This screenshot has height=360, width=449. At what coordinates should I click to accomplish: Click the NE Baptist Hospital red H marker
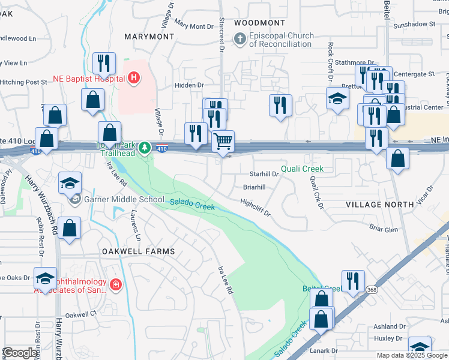[x=134, y=78]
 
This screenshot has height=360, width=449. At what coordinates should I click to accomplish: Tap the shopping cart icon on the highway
[x=223, y=142]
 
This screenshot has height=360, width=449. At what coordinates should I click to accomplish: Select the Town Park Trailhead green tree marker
[x=144, y=148]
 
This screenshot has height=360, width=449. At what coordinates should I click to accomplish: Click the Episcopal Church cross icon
[x=240, y=40]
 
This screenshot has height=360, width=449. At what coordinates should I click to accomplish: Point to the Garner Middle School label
[x=124, y=199]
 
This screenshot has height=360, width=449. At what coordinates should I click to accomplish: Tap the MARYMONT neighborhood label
[x=149, y=37]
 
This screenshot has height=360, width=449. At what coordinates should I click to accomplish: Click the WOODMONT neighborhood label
[x=259, y=22]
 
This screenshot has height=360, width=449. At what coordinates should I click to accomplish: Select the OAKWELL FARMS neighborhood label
[x=138, y=251]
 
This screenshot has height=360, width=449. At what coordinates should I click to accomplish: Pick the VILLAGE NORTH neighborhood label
[x=379, y=205]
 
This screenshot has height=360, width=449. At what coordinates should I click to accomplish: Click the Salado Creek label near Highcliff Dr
[x=192, y=204]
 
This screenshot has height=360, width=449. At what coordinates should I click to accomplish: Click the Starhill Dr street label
[x=264, y=174]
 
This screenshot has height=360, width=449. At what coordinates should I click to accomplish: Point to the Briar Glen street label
[x=384, y=229]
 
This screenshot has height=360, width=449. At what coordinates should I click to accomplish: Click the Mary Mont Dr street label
[x=193, y=25]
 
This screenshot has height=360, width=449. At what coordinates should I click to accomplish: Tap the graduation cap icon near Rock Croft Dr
[x=337, y=98]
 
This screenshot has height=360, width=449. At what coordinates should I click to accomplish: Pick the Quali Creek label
[x=303, y=169]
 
